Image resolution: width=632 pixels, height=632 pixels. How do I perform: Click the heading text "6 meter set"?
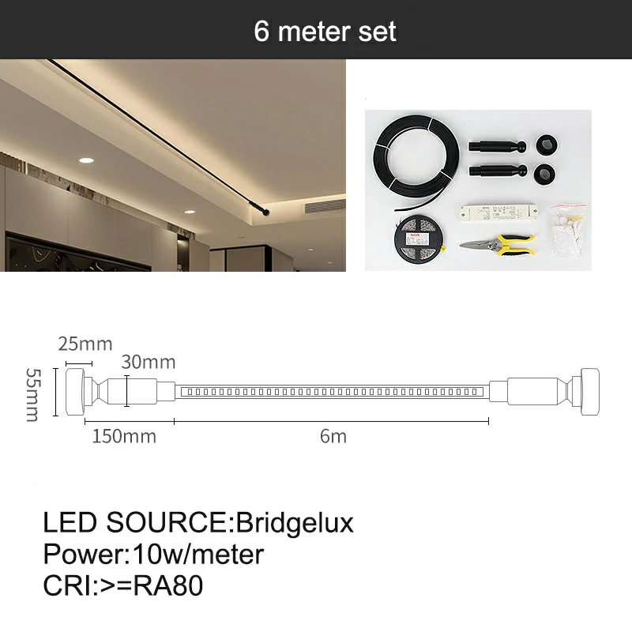pyautogui.click(x=325, y=32)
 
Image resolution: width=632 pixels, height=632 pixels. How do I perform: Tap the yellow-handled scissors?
pyautogui.click(x=498, y=245)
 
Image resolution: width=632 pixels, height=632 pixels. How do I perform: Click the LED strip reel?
pyautogui.click(x=419, y=239)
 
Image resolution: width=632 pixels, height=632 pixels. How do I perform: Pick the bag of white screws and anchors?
pyautogui.click(x=568, y=230)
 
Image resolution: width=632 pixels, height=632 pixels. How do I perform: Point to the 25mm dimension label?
pyautogui.click(x=85, y=344)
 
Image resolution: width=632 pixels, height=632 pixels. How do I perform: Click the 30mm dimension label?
pyautogui.click(x=149, y=362)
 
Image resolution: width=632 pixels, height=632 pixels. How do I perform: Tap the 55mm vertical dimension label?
pyautogui.click(x=32, y=394)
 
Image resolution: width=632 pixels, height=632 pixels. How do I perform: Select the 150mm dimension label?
pyautogui.click(x=124, y=436)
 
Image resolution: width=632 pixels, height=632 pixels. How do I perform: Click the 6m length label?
pyautogui.click(x=333, y=436)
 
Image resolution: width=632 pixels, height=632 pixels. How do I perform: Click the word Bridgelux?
pyautogui.click(x=295, y=523)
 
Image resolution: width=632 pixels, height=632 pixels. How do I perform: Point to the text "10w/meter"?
pyautogui.click(x=198, y=555)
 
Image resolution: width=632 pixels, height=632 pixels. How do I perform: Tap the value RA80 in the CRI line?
pyautogui.click(x=168, y=585)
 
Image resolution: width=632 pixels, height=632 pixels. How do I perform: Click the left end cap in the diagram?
pyautogui.click(x=75, y=392)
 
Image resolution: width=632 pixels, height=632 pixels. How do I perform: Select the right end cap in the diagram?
pyautogui.click(x=589, y=392)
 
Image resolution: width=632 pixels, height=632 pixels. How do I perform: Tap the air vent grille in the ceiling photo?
pyautogui.click(x=325, y=206)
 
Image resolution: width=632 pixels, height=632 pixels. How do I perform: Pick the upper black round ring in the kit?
pyautogui.click(x=547, y=145)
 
